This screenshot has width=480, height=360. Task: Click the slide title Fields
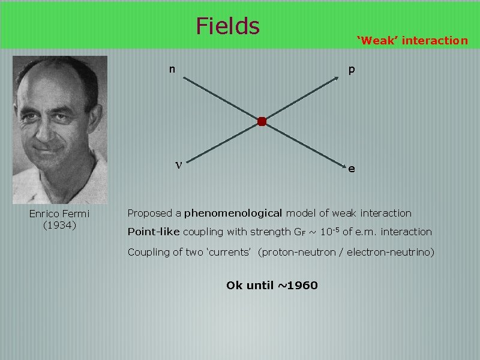(227, 26)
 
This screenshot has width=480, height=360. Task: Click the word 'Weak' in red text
(377, 41)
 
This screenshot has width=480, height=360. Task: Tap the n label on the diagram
(172, 69)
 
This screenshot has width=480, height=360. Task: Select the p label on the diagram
(352, 70)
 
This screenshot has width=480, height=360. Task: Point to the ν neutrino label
(178, 164)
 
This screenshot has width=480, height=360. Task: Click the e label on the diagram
(352, 169)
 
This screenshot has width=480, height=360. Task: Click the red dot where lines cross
(262, 122)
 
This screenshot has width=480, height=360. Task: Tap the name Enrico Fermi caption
(59, 214)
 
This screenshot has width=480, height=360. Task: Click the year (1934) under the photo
(59, 225)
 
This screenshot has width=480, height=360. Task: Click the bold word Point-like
(153, 232)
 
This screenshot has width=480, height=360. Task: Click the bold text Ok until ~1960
(272, 285)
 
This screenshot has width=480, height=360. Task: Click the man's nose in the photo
(54, 126)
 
